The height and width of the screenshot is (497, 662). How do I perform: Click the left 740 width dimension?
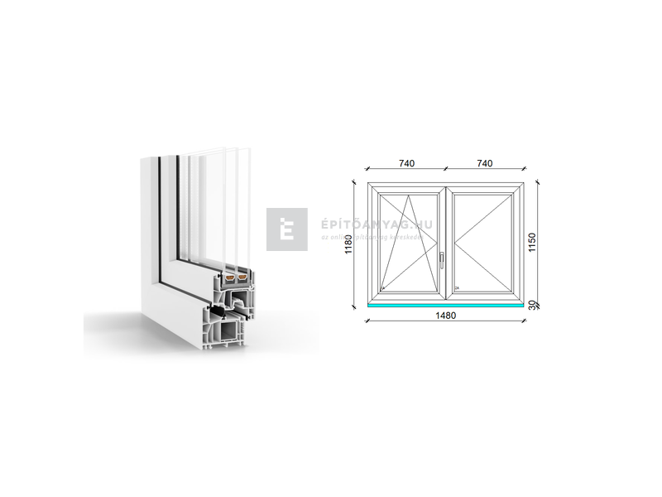coord(405,164)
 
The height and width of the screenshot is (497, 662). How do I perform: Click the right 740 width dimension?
coord(485,164)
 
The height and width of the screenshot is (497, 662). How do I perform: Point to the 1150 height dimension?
coord(534,241)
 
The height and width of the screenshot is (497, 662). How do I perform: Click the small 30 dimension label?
coord(531,305)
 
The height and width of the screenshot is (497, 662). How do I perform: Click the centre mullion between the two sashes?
coord(446,240)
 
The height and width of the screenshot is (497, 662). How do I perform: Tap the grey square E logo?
coord(287,229)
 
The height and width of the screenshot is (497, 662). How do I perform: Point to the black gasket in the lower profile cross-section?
coord(225,313)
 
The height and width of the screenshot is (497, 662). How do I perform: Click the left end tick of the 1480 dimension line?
coord(367,309)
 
